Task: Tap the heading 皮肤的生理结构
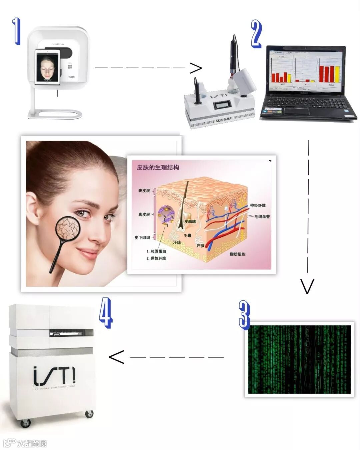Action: point(158,167)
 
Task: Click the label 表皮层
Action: point(144,191)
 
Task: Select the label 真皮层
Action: point(144,215)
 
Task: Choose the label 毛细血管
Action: point(262,217)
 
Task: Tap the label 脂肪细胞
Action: point(237,254)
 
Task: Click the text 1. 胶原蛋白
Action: point(156,251)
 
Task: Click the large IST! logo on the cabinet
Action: point(54,376)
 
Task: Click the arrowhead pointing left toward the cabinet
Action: point(117,357)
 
